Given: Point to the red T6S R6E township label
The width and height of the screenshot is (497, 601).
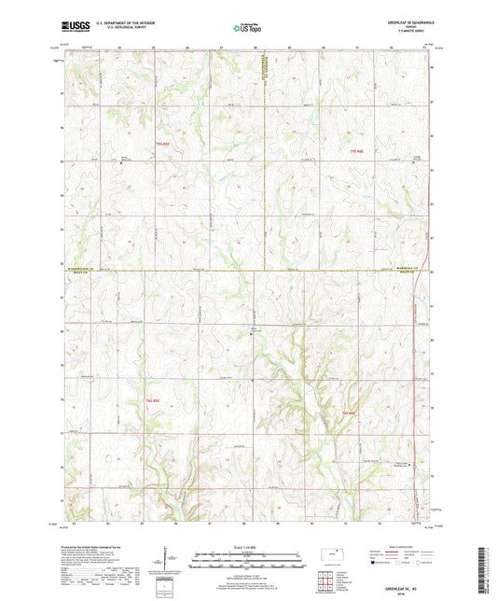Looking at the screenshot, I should pyautogui.click(x=349, y=412).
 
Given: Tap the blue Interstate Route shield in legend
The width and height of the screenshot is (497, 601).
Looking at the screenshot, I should pyautogui.click(x=374, y=563).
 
